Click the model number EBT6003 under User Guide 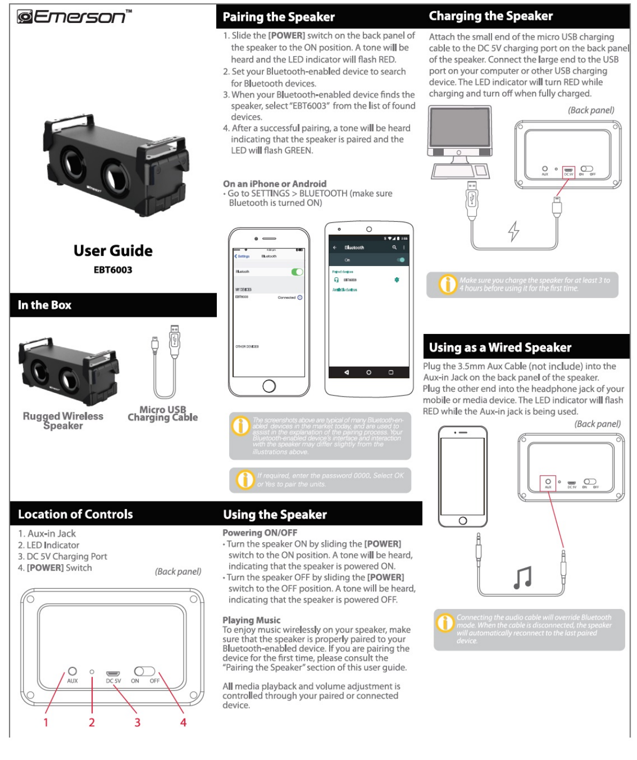pyautogui.click(x=113, y=270)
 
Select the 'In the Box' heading pyautogui.click(x=44, y=305)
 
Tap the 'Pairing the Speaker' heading pyautogui.click(x=278, y=17)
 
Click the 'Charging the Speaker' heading pyautogui.click(x=490, y=16)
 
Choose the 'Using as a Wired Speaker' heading pyautogui.click(x=500, y=347)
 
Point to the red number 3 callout pyautogui.click(x=137, y=723)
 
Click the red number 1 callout pyautogui.click(x=46, y=723)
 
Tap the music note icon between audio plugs pyautogui.click(x=522, y=577)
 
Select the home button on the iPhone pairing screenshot pyautogui.click(x=269, y=385)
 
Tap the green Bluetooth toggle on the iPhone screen pyautogui.click(x=297, y=272)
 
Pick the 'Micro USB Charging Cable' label pyautogui.click(x=163, y=413)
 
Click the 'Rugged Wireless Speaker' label pyautogui.click(x=63, y=421)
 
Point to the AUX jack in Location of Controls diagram pyautogui.click(x=72, y=671)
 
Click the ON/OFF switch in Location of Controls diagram pyautogui.click(x=145, y=671)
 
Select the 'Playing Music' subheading pyautogui.click(x=252, y=620)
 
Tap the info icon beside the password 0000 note pyautogui.click(x=245, y=480)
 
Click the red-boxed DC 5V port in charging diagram pyautogui.click(x=568, y=171)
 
